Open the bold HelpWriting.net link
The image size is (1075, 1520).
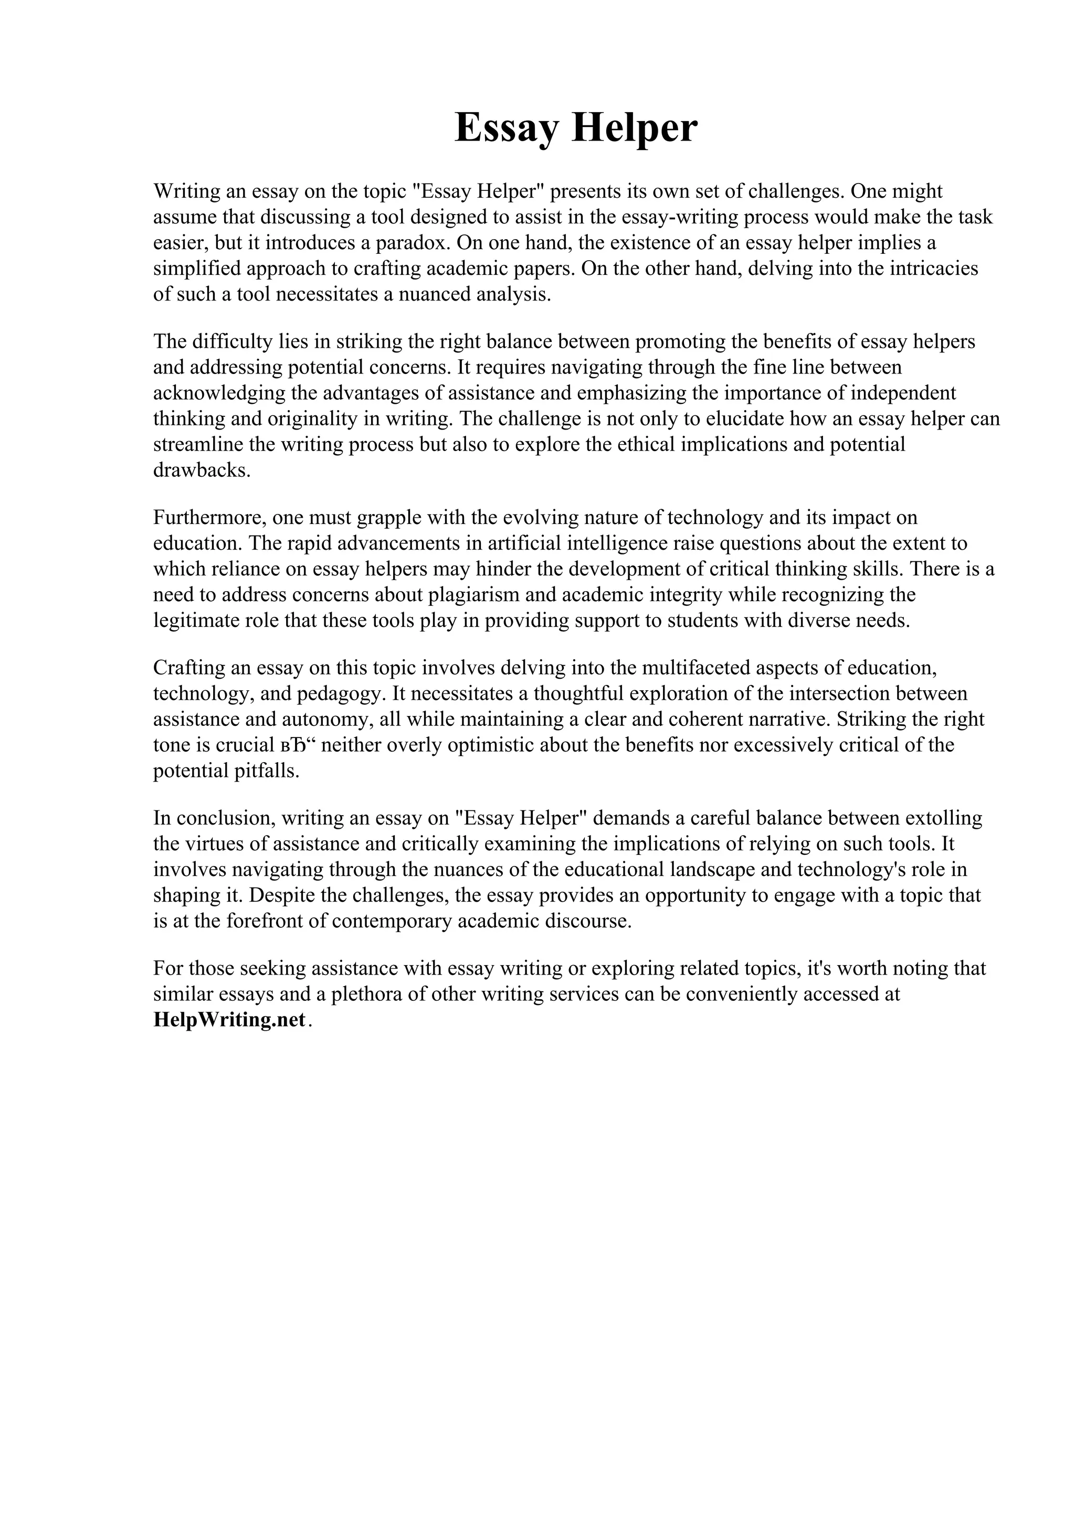tap(230, 1020)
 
